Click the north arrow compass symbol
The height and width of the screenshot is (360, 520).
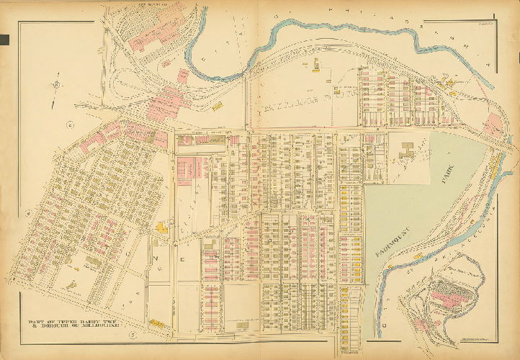(x=55, y=86)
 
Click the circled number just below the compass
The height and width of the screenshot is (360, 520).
(x=71, y=125)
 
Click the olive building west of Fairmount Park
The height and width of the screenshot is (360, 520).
(x=408, y=150)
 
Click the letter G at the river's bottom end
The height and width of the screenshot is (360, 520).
(x=384, y=325)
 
